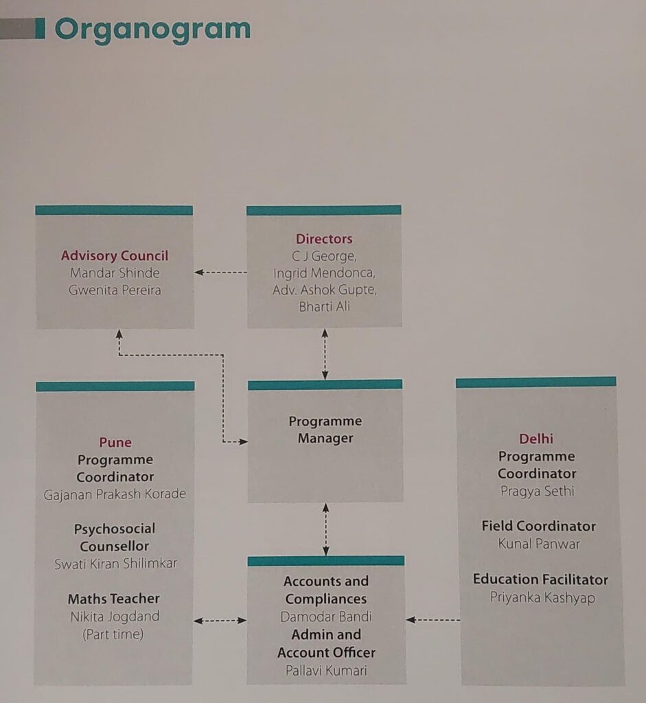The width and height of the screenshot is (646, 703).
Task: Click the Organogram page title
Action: [152, 30]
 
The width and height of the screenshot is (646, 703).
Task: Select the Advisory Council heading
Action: [115, 256]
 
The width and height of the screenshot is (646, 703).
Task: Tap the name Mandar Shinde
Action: [115, 273]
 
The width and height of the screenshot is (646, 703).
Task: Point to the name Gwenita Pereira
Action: [115, 290]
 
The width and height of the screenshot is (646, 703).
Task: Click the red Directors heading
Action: [324, 239]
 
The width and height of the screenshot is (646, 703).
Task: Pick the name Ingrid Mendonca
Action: [324, 273]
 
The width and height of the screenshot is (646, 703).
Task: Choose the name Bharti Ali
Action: [324, 307]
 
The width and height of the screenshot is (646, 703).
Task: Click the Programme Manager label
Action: [325, 430]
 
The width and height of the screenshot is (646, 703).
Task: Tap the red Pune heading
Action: [115, 442]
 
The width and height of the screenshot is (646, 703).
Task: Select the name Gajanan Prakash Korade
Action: [115, 494]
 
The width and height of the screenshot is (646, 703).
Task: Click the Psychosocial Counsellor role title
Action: [115, 538]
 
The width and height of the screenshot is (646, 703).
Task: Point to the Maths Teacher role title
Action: [114, 599]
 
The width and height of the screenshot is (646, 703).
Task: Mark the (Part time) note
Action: [113, 634]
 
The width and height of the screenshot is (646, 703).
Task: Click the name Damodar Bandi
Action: [326, 616]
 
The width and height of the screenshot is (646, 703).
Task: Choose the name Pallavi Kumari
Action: [326, 670]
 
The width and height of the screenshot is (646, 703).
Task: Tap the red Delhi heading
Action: [536, 439]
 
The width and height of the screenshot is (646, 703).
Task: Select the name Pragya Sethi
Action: [538, 492]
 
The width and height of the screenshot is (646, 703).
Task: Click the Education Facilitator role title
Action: [540, 579]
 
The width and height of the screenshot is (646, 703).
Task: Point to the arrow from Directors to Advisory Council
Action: [220, 273]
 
